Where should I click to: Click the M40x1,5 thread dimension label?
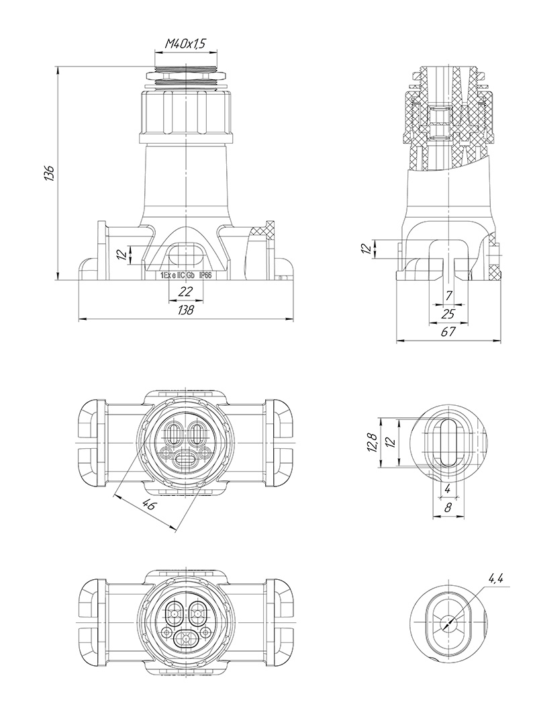coord(185,44)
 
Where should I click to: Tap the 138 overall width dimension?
coord(186,310)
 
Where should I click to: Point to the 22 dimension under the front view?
coord(185,291)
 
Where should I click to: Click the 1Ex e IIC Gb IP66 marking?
coord(186,275)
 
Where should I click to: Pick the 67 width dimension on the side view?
coord(448,331)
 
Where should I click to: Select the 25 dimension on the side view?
coord(448,314)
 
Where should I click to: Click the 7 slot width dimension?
coord(449,296)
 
